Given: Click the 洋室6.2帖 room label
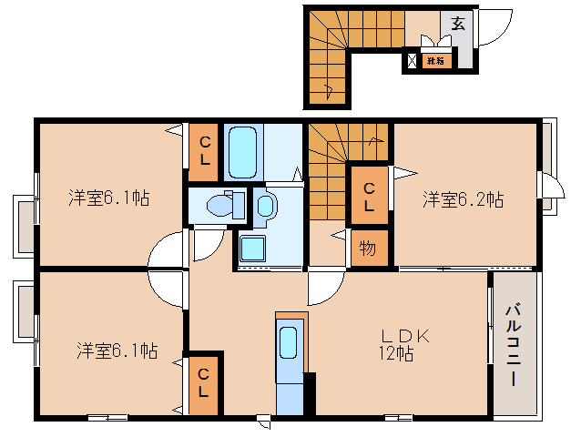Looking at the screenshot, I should [x=463, y=199].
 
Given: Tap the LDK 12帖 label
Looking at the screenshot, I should [x=399, y=343].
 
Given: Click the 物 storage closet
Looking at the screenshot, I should [x=368, y=247].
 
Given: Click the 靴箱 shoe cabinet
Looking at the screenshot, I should [x=435, y=62].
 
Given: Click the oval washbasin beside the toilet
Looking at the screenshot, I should [x=265, y=205].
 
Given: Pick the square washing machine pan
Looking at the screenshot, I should [x=252, y=247].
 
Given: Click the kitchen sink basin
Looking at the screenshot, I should [x=289, y=344].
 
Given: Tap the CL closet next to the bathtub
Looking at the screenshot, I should [x=204, y=151].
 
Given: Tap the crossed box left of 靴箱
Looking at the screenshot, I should [x=413, y=62].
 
